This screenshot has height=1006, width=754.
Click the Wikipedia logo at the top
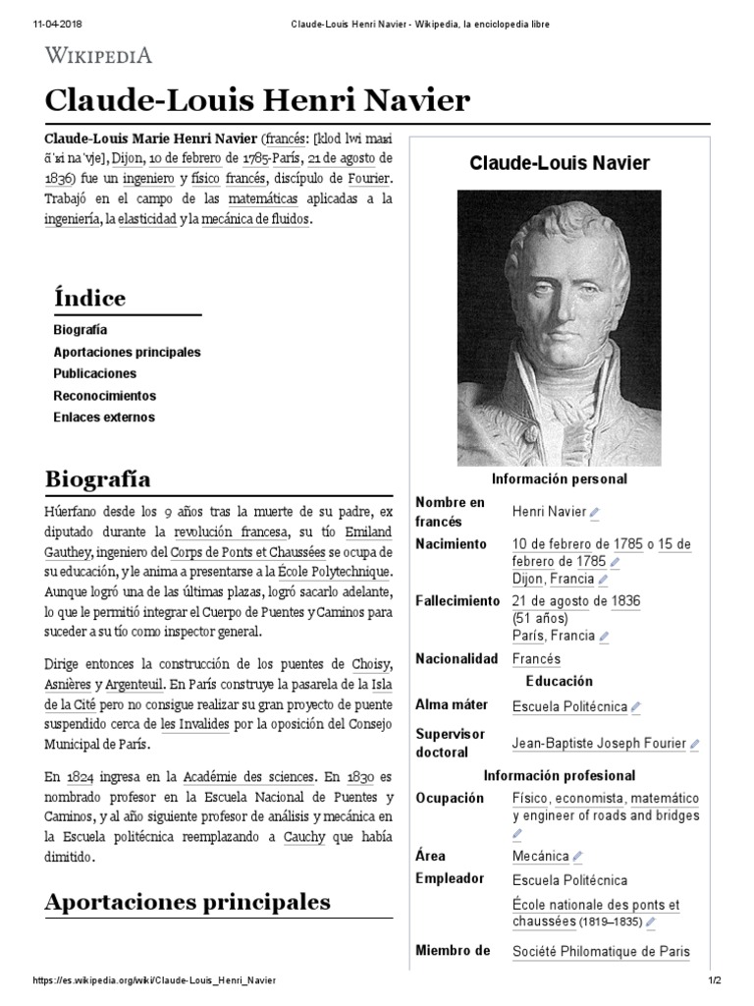pos(98,55)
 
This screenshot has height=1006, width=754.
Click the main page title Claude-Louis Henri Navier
pos(258,100)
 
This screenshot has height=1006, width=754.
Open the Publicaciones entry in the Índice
pos(94,373)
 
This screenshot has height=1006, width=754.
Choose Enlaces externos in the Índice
pos(103,417)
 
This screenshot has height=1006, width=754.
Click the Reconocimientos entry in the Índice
pos(104,395)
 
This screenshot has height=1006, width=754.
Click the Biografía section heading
pos(97,479)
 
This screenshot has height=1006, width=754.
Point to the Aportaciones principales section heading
pos(188,901)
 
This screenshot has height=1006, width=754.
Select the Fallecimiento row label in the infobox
pos(458,600)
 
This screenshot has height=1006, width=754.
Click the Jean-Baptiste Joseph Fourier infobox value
pos(599,744)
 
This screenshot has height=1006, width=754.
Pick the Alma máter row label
pos(453,704)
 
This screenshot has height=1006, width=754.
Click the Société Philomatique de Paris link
pos(601,951)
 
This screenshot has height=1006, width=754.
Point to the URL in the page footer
pos(154,980)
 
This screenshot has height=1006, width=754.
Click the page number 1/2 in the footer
pos(714,980)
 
